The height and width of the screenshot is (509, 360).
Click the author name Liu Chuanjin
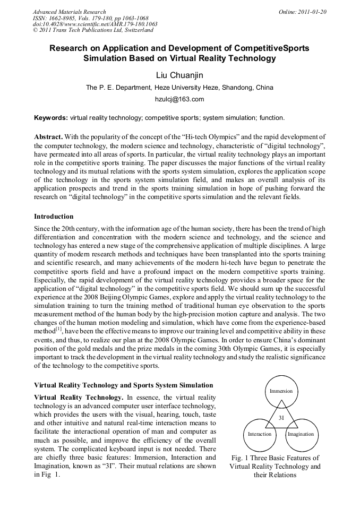click(x=179, y=75)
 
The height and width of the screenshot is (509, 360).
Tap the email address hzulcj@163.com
click(x=179, y=99)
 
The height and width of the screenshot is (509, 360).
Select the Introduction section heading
click(x=54, y=217)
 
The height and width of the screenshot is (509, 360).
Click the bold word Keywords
click(x=50, y=118)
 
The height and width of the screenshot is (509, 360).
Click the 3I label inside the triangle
click(x=281, y=418)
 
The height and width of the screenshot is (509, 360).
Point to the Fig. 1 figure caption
click(x=275, y=466)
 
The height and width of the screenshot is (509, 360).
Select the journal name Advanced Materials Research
click(x=69, y=11)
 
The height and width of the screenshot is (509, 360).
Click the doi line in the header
click(x=95, y=24)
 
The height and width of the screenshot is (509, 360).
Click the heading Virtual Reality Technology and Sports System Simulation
click(x=124, y=385)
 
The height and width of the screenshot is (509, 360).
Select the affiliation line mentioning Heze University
click(x=179, y=88)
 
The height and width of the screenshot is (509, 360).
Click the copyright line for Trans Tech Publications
click(x=93, y=30)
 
